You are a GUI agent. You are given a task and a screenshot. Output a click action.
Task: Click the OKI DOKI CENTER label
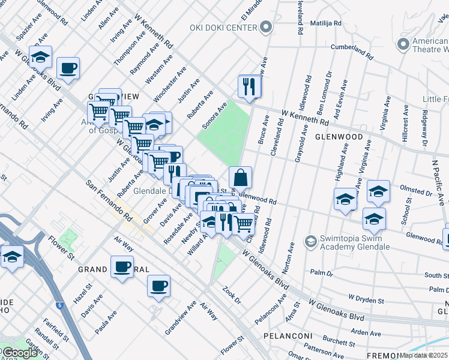point(223,28)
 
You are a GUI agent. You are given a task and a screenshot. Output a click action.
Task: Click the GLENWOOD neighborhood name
point(339,137)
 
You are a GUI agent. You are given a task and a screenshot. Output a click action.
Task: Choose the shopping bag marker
point(240,178)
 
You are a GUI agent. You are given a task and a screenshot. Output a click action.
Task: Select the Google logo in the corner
point(19,353)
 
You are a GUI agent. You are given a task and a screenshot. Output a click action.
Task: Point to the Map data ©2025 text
point(424,355)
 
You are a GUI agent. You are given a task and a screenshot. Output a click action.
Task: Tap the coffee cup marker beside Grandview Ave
point(158,286)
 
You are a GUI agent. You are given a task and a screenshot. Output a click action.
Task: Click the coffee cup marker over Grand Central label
point(122,266)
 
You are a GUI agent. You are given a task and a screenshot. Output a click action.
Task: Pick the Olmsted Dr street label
point(416,194)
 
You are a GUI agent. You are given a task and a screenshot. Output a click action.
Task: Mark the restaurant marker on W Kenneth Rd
point(250,86)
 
